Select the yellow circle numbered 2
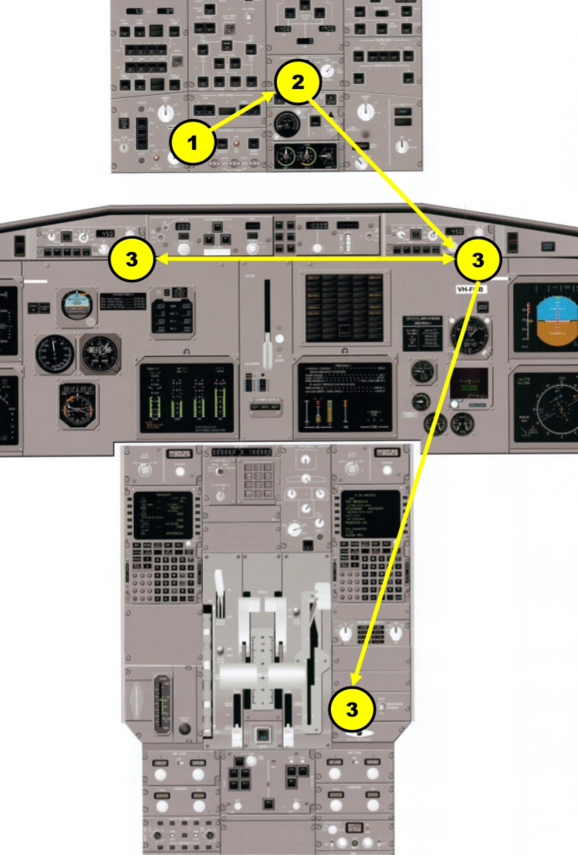(x=298, y=82)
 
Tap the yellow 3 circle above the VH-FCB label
(x=477, y=260)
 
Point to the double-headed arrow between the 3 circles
(x=303, y=260)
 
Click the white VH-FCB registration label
(x=471, y=289)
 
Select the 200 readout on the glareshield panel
(x=183, y=226)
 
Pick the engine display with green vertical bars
(x=187, y=397)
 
